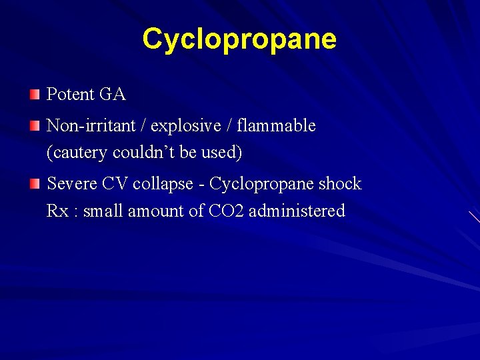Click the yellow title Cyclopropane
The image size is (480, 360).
(239, 39)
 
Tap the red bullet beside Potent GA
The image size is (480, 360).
(35, 94)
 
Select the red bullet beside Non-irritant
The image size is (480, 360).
(35, 125)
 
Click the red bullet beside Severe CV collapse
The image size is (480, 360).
(35, 183)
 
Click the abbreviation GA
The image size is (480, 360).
(113, 95)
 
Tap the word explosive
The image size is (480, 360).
(178, 126)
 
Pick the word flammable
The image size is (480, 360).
(276, 125)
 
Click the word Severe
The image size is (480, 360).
(71, 184)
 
